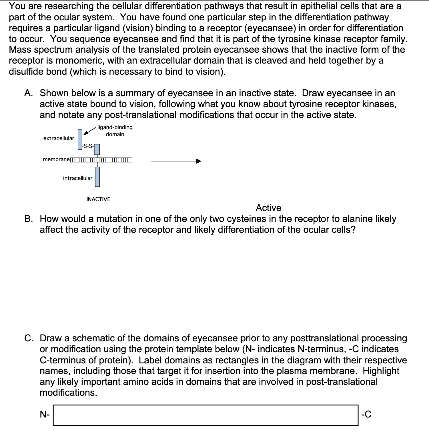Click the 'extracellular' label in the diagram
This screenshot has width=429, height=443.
tap(59, 138)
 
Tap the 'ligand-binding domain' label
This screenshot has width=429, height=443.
tap(115, 131)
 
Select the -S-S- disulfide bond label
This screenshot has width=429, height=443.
tap(87, 146)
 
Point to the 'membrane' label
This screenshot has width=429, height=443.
tap(56, 159)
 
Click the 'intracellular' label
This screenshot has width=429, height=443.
tap(77, 178)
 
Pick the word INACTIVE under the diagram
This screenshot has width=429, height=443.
tap(98, 199)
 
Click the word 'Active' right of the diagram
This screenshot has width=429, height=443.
tap(268, 208)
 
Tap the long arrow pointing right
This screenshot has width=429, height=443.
tap(176, 161)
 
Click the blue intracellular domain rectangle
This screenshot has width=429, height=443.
tap(97, 176)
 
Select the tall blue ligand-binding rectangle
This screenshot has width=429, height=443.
tap(80, 139)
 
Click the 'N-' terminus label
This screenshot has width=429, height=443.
tap(45, 414)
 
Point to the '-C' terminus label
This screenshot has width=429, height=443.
tap(366, 414)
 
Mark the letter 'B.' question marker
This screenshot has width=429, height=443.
tap(29, 219)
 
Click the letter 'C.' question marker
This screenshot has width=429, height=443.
tap(30, 338)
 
